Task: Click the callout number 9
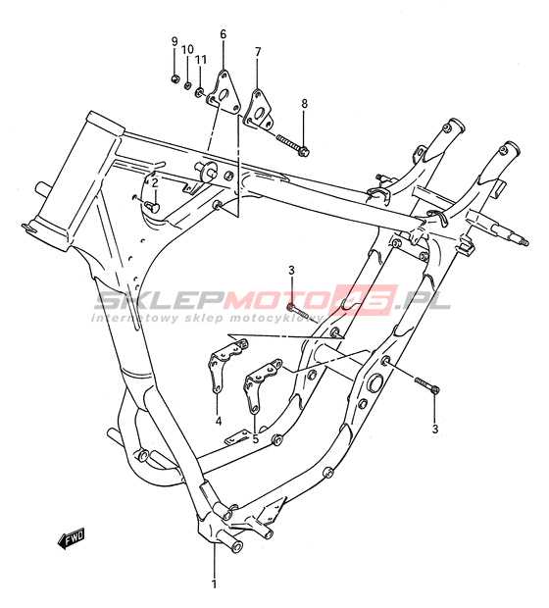click(x=175, y=41)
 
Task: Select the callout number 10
click(x=187, y=50)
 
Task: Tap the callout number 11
click(x=201, y=59)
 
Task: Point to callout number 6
click(x=223, y=34)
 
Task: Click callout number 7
click(x=258, y=52)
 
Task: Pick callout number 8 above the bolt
click(x=304, y=104)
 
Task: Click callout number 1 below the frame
click(x=214, y=595)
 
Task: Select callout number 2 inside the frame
click(x=155, y=183)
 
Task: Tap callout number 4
click(x=219, y=421)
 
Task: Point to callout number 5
click(x=255, y=439)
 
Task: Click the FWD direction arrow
click(x=71, y=538)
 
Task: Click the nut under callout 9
click(x=175, y=79)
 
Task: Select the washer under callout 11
click(x=200, y=92)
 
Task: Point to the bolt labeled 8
click(x=293, y=144)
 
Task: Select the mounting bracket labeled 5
click(x=261, y=385)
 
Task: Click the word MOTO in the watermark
click(x=278, y=300)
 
